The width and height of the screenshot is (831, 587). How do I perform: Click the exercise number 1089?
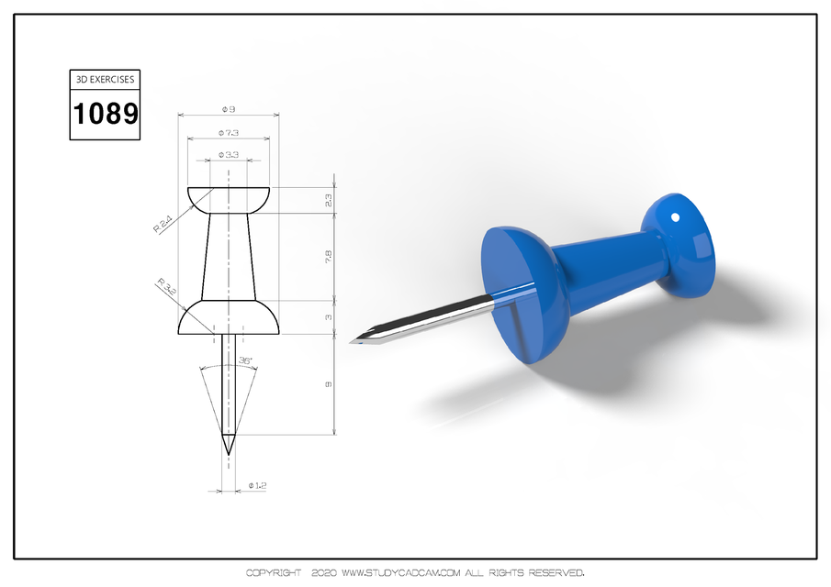click(x=106, y=114)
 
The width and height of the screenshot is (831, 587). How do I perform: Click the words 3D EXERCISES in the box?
click(x=106, y=80)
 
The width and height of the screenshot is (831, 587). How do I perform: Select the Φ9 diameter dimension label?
click(x=228, y=109)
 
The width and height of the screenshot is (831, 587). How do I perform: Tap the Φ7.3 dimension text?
click(x=228, y=133)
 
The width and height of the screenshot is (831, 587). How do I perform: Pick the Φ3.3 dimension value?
click(x=228, y=155)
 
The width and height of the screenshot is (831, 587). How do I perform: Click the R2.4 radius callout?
click(x=162, y=223)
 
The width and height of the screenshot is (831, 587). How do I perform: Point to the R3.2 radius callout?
click(x=166, y=286)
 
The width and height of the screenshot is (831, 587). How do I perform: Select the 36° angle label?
click(x=245, y=361)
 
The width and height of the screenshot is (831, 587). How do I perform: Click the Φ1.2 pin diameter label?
click(x=257, y=485)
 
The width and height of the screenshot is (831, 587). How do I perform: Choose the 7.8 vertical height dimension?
click(x=329, y=258)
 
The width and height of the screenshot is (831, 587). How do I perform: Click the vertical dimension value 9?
click(x=329, y=384)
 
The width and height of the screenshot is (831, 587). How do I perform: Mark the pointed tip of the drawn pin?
click(x=228, y=451)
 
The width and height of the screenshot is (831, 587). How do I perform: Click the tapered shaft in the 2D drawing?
click(x=228, y=257)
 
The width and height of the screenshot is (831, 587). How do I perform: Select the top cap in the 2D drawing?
click(x=228, y=199)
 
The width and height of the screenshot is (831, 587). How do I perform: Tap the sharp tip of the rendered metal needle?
click(x=351, y=341)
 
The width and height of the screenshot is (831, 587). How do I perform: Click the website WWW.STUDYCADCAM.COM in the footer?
click(x=401, y=573)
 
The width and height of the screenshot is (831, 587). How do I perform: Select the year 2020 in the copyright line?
click(x=325, y=573)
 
